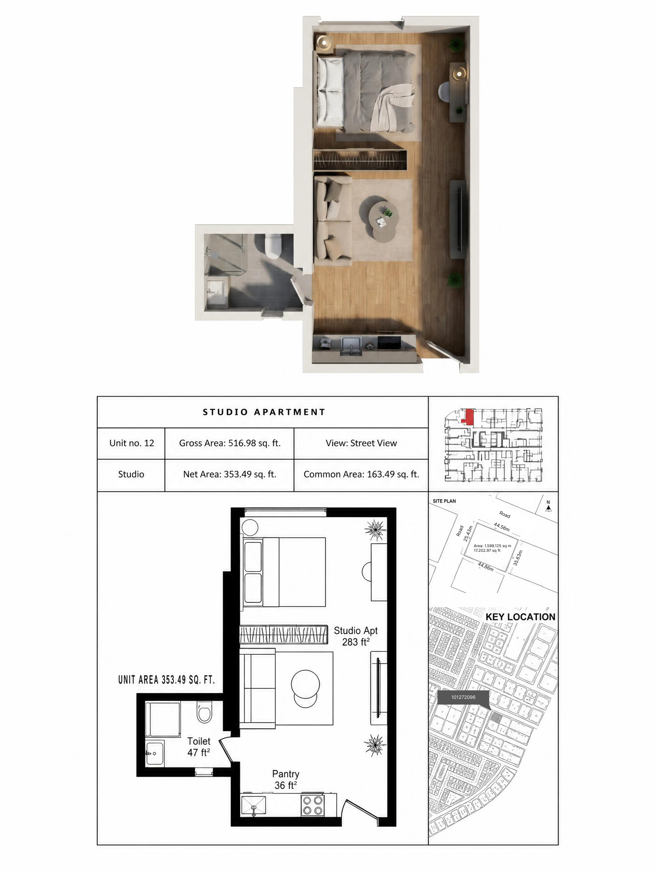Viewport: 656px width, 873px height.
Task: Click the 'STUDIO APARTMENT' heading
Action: (x=263, y=412)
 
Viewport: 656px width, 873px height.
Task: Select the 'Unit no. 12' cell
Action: (x=132, y=443)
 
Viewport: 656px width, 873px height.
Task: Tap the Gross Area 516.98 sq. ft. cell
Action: (x=230, y=443)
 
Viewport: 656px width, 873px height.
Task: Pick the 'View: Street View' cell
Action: (x=361, y=443)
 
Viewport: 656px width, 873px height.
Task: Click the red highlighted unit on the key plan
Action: (x=468, y=417)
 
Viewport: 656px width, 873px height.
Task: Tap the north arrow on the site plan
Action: (x=548, y=507)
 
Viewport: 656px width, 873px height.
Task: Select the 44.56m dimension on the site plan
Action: (x=502, y=527)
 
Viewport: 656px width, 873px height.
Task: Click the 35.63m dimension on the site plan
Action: (x=518, y=558)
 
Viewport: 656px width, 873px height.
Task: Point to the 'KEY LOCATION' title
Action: (x=520, y=617)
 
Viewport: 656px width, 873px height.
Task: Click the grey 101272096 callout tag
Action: (x=463, y=697)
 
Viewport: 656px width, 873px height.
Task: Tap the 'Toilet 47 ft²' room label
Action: (x=199, y=747)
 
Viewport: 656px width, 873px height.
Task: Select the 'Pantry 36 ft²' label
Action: (x=285, y=779)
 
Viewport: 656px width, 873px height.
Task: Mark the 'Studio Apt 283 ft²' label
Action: (x=356, y=636)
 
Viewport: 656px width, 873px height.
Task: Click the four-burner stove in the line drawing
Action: (x=313, y=806)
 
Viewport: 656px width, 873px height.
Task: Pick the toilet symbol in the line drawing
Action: (x=204, y=711)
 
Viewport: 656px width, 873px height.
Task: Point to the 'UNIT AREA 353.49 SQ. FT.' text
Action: (x=166, y=680)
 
